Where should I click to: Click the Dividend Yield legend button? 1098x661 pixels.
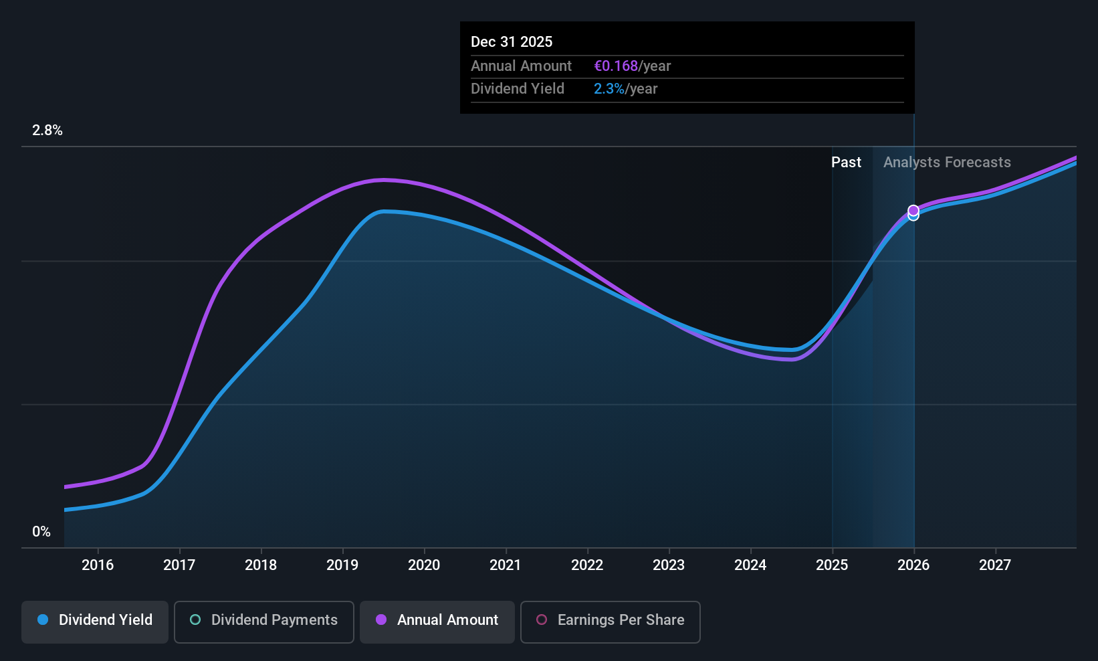click(x=94, y=622)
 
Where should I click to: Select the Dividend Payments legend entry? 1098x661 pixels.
click(x=263, y=622)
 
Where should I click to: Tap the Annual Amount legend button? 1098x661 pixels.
click(x=437, y=622)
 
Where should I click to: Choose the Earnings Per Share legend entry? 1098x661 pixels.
click(x=611, y=622)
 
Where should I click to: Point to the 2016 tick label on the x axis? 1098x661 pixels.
click(x=98, y=565)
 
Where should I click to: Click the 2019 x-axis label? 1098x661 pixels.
click(x=342, y=565)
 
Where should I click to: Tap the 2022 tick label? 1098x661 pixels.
click(x=587, y=565)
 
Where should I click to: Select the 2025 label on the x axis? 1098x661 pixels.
click(x=832, y=565)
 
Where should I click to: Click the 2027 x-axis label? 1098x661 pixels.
click(x=995, y=565)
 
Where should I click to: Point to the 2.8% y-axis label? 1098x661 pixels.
click(x=47, y=130)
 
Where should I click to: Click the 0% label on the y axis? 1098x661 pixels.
click(x=41, y=532)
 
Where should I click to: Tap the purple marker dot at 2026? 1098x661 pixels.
click(x=913, y=211)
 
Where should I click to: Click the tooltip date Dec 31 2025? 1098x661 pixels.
click(x=512, y=42)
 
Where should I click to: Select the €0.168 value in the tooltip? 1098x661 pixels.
click(x=616, y=66)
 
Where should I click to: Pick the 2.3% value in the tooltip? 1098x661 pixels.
click(x=609, y=89)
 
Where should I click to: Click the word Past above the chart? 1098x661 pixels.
click(x=846, y=163)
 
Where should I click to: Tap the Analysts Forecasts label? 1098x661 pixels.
click(x=947, y=163)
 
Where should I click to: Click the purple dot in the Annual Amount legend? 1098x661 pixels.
click(x=381, y=620)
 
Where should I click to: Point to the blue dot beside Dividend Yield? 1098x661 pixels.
click(x=43, y=620)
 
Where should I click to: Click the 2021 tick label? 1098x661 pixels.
click(x=506, y=565)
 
